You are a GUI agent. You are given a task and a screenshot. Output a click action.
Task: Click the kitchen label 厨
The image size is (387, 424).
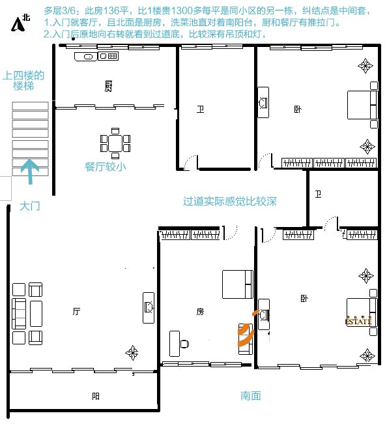point(108,86)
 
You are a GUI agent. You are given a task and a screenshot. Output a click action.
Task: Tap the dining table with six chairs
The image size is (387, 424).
point(115,144)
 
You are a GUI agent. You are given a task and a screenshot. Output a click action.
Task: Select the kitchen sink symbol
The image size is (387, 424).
point(85,57)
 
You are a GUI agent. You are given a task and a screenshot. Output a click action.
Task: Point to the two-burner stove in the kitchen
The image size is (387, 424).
point(108,56)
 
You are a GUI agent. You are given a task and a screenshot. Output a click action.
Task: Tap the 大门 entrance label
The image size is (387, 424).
point(30,206)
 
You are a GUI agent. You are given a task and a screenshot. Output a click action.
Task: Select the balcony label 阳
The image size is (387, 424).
point(96,397)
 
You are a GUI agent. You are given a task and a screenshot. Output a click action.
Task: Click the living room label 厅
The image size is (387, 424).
point(76,311)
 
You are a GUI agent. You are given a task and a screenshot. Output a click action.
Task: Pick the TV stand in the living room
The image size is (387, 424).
point(149,308)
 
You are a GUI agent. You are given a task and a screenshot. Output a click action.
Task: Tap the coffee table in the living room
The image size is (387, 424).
point(36,314)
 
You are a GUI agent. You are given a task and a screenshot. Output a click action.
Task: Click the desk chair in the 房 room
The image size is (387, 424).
point(184,344)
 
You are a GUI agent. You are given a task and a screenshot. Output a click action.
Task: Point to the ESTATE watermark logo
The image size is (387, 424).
point(358,321)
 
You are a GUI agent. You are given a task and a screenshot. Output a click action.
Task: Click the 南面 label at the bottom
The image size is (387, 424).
point(251,396)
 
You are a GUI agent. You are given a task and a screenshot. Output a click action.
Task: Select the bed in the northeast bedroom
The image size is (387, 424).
point(362,105)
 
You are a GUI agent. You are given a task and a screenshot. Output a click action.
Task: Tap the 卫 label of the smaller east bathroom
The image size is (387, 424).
point(318,194)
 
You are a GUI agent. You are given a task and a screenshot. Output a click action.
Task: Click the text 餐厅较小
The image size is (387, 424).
point(106,166)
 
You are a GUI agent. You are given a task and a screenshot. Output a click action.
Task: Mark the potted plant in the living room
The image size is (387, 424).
point(132,353)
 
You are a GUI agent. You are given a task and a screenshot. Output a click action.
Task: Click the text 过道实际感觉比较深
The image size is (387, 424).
point(230,202)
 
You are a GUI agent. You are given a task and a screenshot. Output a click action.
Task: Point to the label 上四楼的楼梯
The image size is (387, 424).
point(23,81)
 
